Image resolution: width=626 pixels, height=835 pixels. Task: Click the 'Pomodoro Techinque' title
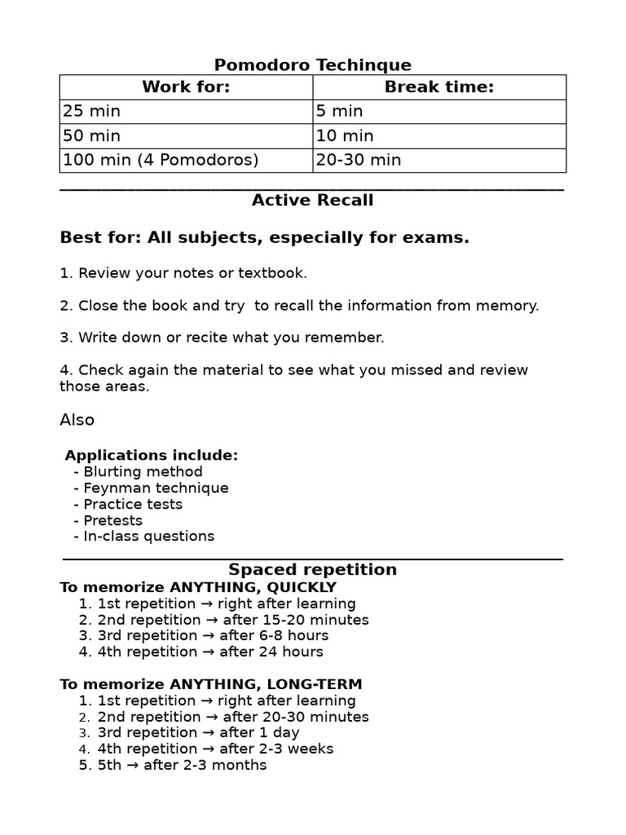(312, 65)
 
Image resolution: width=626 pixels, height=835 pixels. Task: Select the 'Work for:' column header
(186, 87)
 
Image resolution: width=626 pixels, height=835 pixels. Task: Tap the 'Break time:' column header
(439, 87)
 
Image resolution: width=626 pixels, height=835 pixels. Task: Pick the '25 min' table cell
(91, 111)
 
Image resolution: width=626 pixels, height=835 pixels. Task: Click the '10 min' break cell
(345, 135)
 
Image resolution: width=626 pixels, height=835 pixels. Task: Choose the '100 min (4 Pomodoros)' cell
(161, 160)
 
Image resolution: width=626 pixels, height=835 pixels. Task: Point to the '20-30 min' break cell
(359, 160)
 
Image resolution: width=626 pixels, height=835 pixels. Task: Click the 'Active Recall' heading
(312, 201)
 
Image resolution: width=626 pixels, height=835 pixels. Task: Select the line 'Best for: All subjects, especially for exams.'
(265, 238)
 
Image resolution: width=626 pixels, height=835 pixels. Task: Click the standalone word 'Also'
(77, 420)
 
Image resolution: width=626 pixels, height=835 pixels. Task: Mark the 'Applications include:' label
(152, 455)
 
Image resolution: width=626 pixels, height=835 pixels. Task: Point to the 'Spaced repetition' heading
(312, 570)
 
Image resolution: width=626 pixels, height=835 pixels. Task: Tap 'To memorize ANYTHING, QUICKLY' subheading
(198, 587)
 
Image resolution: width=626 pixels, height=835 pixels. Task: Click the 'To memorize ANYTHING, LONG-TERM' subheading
(211, 684)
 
